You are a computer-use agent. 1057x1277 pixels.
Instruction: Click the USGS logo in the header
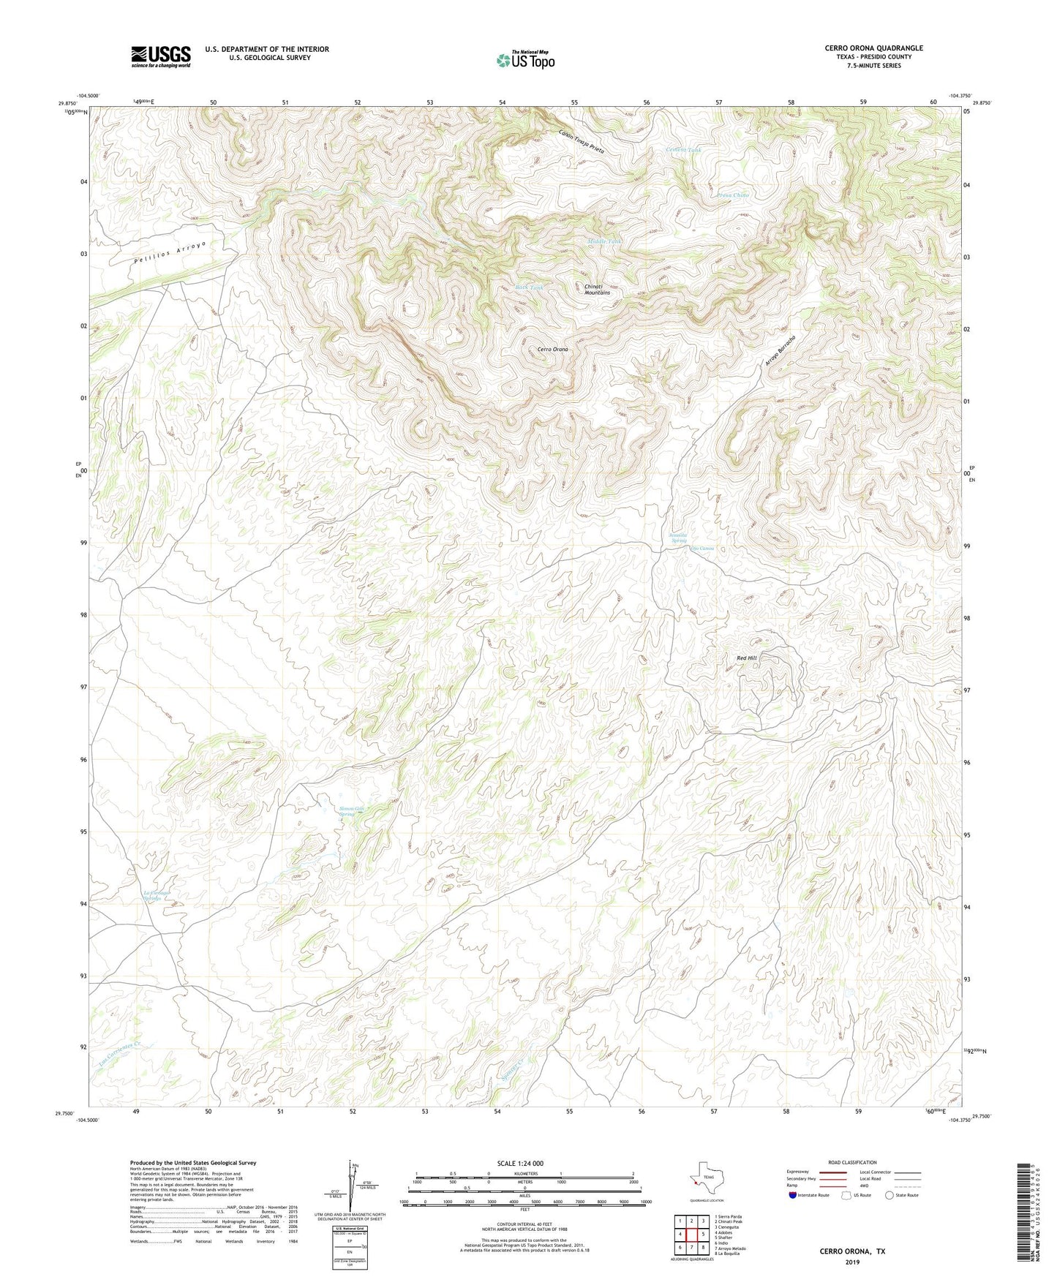[x=161, y=56]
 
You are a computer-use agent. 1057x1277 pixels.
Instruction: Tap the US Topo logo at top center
[x=525, y=59]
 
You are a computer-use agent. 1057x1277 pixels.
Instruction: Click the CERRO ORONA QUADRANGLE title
[x=873, y=48]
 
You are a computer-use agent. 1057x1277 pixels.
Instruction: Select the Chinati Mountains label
[x=597, y=290]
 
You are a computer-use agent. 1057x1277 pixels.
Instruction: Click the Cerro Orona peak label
[x=552, y=350]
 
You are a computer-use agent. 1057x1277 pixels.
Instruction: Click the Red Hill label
[x=746, y=658]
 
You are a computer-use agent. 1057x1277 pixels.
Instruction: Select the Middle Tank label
[x=605, y=241]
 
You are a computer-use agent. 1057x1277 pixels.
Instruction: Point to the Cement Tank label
[x=683, y=150]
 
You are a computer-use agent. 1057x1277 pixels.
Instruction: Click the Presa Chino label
[x=732, y=195]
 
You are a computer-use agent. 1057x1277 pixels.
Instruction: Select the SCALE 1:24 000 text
[x=519, y=1163]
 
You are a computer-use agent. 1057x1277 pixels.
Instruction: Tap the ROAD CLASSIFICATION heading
[x=852, y=1162]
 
